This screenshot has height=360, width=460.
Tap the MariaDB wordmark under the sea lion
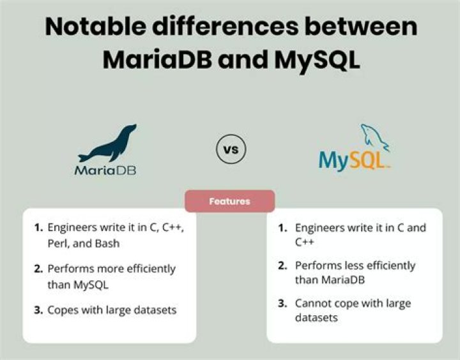tap(105, 170)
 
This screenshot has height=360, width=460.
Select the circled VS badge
tap(231, 151)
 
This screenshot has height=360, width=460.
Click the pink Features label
tap(230, 201)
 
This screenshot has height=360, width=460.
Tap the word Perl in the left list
tap(59, 243)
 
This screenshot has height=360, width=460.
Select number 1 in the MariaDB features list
tap(38, 227)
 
